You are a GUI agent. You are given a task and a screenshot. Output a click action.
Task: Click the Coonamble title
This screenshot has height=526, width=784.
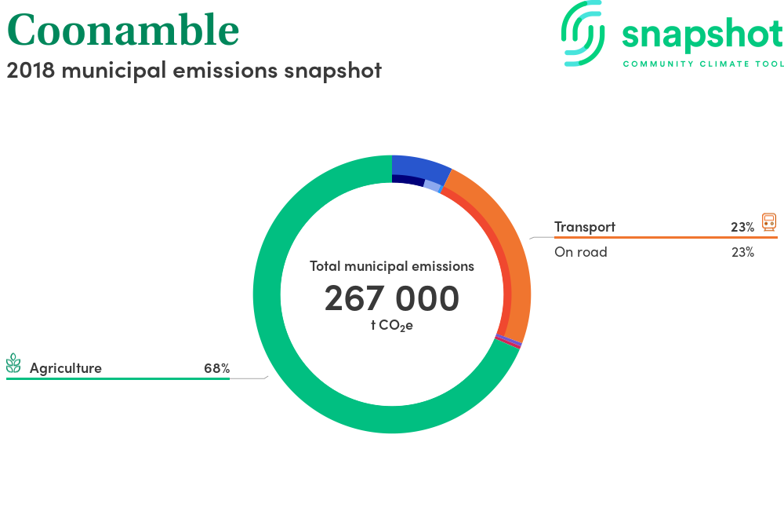coord(123,30)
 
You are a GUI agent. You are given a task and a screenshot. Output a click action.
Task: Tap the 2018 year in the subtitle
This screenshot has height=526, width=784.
coord(31,70)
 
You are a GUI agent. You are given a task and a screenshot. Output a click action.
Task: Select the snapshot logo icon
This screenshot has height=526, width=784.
coord(583,33)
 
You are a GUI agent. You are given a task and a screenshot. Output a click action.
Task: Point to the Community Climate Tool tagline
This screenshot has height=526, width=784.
coord(703,64)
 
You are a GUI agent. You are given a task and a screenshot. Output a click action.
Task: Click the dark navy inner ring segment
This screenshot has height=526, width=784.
coord(408,179)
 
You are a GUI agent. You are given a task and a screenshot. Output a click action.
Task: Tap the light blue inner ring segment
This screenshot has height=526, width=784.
coord(432,185)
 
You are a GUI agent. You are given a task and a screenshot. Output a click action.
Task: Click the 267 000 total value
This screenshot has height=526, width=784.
coord(391,298)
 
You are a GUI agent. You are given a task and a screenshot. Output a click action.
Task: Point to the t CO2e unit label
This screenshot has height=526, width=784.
coord(391,326)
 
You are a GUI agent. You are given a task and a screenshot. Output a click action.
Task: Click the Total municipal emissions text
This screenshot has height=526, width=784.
coord(391,266)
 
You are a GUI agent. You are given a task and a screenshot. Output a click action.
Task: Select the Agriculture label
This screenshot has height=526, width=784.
coord(66,368)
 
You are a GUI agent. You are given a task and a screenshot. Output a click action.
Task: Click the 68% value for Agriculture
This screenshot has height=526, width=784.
coord(217,368)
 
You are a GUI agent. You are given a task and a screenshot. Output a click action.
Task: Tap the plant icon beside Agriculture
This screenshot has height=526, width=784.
coord(13,363)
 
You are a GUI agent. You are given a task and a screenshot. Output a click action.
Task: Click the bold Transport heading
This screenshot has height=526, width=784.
coord(585,227)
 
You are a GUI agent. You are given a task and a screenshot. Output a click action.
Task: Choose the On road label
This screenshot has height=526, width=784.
coord(580,252)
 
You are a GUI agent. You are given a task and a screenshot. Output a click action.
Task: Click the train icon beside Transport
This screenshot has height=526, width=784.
coord(769,222)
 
